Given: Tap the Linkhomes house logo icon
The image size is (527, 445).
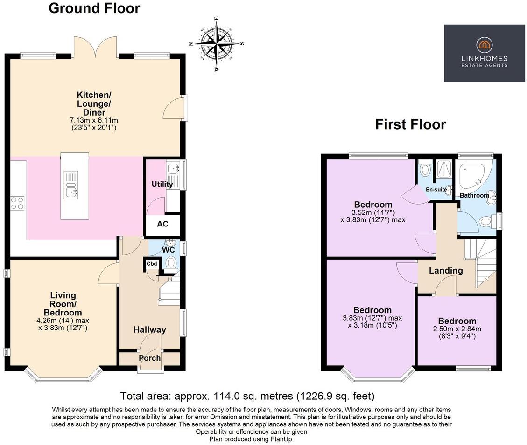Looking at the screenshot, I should tap(485, 45).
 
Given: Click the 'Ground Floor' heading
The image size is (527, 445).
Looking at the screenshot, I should tap(94, 8).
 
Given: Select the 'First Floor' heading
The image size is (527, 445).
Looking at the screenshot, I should tap(410, 124).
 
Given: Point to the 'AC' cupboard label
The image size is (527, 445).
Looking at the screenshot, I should tap(162, 224).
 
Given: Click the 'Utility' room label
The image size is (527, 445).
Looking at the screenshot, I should tap(162, 184).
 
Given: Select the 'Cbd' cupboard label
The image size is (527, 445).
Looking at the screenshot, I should tap(152, 264).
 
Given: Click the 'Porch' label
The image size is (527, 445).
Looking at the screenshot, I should tap(149, 358).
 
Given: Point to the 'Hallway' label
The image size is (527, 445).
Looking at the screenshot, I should tap(150, 330).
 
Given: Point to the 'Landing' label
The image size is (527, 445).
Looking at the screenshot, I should tap(446, 271).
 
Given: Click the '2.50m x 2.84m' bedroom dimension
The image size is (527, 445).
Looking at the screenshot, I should tap(457, 329).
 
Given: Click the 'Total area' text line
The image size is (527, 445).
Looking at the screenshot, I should tap(247, 397).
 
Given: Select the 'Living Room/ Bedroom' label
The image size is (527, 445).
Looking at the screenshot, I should tap(63, 304).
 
